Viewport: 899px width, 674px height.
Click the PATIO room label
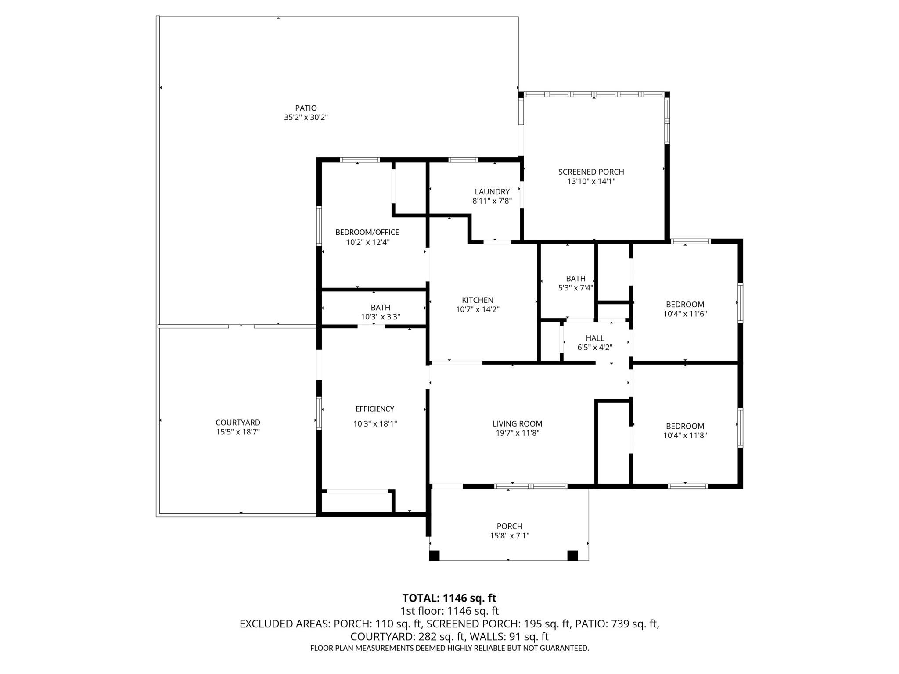pos(306,108)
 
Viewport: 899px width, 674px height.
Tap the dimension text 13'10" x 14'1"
pos(591,181)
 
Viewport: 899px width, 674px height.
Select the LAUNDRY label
pos(492,192)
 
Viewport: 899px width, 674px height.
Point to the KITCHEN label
pos(477,300)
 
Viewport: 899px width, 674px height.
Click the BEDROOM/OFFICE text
pos(367,232)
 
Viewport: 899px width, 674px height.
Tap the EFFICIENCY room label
pos(374,409)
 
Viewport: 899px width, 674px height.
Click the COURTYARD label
pos(237,423)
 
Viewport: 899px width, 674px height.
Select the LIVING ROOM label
pos(517,423)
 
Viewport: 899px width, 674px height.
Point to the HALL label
pos(594,338)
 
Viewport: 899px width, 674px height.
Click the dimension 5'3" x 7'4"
pos(575,288)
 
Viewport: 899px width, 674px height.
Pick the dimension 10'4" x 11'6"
pos(685,314)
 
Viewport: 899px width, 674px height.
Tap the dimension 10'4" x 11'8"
pos(685,435)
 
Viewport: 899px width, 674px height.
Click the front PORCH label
pos(509,526)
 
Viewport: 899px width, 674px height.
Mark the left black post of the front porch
pos(434,556)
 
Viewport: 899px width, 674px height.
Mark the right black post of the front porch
pos(572,556)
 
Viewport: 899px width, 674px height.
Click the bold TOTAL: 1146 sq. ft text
pos(449,598)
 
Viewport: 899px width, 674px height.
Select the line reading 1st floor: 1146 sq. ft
pos(449,611)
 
